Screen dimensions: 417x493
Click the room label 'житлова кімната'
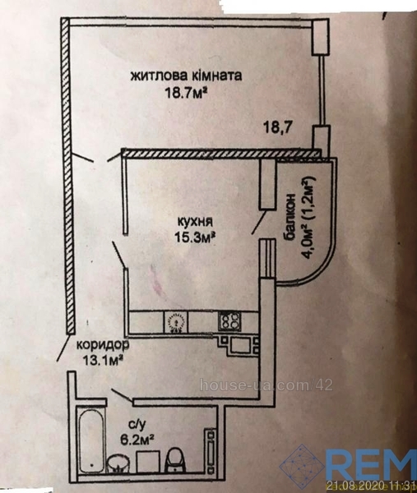[187, 76]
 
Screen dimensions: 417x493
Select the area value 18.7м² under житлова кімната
[187, 93]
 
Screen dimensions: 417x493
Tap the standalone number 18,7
[277, 128]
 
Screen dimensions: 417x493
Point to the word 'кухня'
[195, 222]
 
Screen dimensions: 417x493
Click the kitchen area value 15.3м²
[195, 237]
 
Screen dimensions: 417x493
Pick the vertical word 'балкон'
[290, 217]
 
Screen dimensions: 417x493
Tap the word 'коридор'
[103, 345]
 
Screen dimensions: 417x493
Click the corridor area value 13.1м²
[103, 360]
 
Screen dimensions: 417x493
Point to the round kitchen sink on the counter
[176, 322]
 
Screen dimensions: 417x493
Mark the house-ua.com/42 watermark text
[266, 385]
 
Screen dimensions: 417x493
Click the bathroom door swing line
[123, 395]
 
